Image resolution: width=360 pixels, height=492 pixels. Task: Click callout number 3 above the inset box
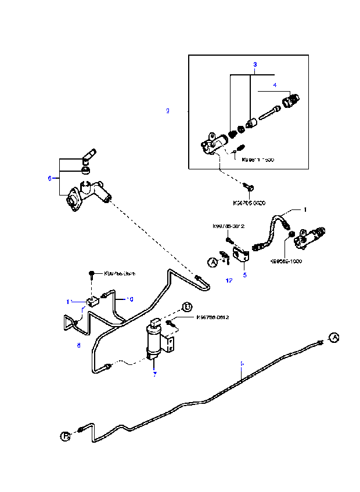pos(254,64)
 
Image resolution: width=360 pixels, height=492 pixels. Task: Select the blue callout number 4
pos(275,85)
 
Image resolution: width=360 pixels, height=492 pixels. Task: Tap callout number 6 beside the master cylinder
pos(50,178)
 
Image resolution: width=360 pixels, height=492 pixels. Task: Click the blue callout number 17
pos(229,280)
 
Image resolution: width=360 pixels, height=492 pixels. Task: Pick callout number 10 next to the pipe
pos(131,299)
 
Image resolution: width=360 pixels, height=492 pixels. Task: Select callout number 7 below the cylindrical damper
pos(154,374)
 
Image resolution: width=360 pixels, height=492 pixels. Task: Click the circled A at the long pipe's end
pos(333,337)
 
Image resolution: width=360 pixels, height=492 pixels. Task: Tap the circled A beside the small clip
pos(213,262)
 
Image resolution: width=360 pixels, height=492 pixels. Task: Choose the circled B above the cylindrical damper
pos(187,307)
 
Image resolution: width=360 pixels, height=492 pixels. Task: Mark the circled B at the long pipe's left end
pos(65,435)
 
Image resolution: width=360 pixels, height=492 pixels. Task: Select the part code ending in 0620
pos(249,202)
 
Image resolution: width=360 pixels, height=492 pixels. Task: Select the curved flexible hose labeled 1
pos(271,232)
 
